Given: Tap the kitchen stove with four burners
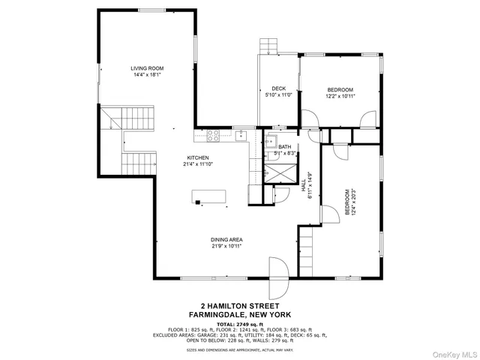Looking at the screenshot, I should pos(211,136).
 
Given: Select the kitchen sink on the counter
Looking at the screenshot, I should pos(239,136).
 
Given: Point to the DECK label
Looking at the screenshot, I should pos(278,88).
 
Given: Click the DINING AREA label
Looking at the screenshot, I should pos(226,239).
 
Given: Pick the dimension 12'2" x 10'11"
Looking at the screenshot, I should pos(340,96).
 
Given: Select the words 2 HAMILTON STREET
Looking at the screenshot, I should pos(234,306).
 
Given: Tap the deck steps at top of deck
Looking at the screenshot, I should pos(268,46).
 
